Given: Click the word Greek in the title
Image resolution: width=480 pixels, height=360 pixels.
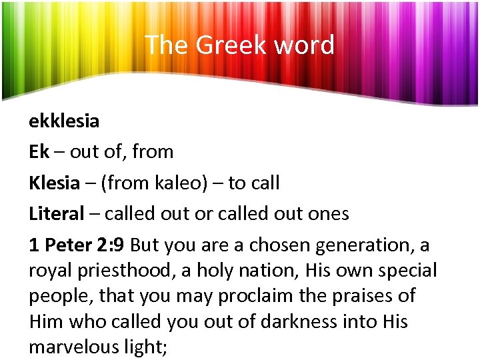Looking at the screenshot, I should [x=223, y=45].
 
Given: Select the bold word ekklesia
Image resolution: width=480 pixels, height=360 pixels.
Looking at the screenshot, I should [x=64, y=121].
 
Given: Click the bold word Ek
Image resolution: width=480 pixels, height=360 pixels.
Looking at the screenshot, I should [x=39, y=152].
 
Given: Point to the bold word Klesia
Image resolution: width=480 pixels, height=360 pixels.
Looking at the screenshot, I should [x=55, y=183].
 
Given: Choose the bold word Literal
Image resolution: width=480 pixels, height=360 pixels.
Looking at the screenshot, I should [x=57, y=214].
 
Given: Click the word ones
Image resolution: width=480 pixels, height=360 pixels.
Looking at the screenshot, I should [x=326, y=214].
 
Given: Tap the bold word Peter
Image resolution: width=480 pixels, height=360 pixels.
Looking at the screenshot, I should [x=69, y=245].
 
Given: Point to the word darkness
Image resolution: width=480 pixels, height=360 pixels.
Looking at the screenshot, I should [x=301, y=322].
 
